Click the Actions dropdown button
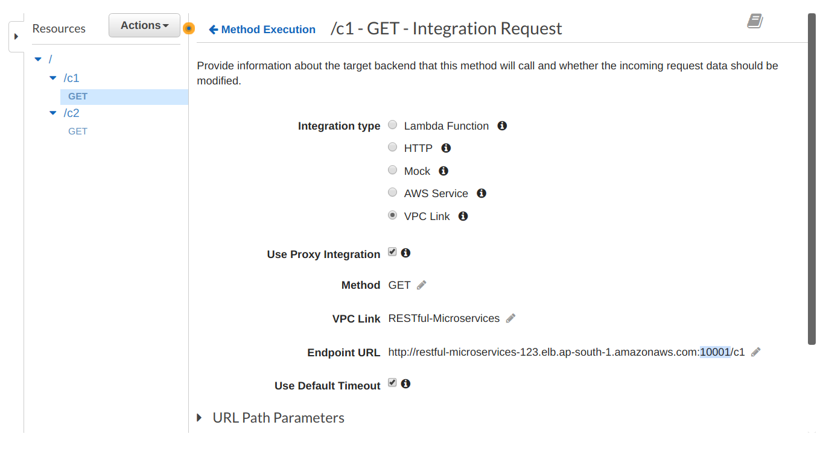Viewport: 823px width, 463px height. click(144, 25)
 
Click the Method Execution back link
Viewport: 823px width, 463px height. click(262, 30)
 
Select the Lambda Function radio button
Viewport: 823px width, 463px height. click(392, 125)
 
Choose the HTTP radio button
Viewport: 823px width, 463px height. click(392, 147)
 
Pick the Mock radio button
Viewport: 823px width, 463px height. click(392, 170)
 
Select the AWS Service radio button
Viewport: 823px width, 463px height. click(392, 192)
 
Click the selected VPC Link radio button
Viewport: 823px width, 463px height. click(392, 215)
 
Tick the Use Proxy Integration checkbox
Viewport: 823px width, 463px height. click(392, 252)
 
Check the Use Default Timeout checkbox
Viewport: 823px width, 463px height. click(392, 383)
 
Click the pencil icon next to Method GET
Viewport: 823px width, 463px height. click(421, 285)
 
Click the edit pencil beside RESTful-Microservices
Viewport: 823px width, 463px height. click(510, 318)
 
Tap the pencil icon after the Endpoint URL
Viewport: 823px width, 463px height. click(756, 352)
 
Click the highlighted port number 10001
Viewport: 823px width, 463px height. click(714, 352)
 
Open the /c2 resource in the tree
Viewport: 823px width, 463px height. click(71, 113)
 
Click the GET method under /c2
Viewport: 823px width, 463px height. click(78, 131)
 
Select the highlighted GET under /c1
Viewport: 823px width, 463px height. click(78, 96)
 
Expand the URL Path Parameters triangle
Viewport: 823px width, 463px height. click(199, 417)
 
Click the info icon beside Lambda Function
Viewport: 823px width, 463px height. click(502, 126)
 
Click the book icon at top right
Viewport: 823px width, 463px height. click(755, 21)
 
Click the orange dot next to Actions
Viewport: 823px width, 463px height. click(189, 28)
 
